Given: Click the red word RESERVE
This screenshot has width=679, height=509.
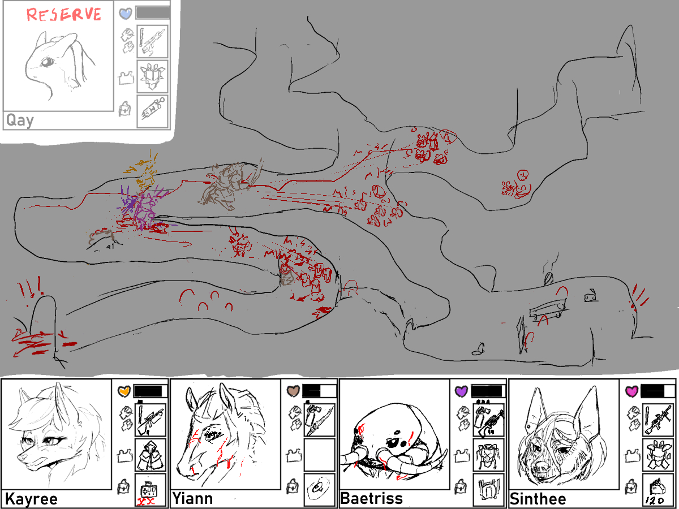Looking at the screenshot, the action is [x=64, y=15].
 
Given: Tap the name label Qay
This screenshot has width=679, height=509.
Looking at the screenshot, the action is [x=20, y=120].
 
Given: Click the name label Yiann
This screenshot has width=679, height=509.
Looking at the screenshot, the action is [x=192, y=498].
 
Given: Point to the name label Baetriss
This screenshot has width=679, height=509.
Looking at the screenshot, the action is [x=372, y=498].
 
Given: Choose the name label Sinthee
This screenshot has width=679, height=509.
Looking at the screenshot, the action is [x=538, y=499].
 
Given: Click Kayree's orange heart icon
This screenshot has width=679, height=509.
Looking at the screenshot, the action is [x=124, y=391].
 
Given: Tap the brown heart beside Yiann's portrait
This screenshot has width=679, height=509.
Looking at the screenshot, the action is [x=293, y=391].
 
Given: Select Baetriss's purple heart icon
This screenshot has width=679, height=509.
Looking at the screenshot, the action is [x=462, y=391].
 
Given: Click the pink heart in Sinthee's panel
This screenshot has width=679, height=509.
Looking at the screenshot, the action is [x=631, y=391].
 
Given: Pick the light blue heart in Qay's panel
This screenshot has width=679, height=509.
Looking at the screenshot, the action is [x=126, y=14].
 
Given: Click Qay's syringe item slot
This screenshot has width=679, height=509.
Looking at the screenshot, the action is [x=153, y=111].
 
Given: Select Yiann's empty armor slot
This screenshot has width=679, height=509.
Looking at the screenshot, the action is [x=320, y=455].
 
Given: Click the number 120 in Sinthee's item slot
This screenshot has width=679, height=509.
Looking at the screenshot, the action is [x=655, y=501].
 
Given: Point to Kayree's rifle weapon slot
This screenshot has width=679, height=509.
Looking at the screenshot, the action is [x=151, y=420].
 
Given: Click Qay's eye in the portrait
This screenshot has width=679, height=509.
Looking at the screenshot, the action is [x=48, y=62].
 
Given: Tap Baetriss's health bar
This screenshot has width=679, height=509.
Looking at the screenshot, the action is [x=488, y=391].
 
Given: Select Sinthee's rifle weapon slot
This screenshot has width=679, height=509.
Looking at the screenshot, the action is [x=658, y=420].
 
